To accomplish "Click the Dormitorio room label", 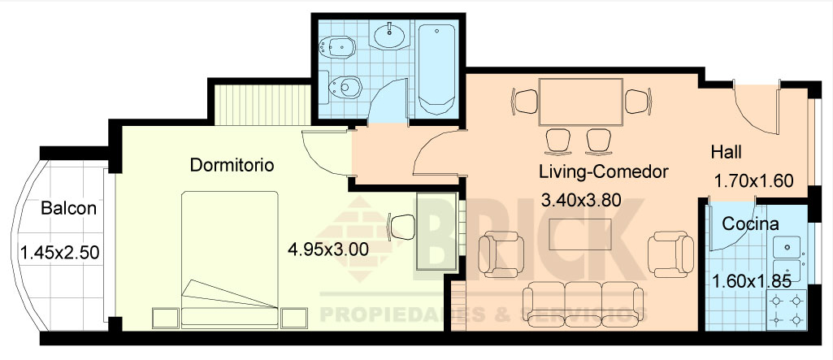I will point(232,165).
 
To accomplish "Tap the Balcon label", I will point(69,209).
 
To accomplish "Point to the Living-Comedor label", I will point(603,172).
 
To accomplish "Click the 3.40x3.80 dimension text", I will point(587,198).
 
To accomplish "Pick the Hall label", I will point(727,152).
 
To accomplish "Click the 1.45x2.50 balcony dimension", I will point(59,253).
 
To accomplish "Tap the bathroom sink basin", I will point(393,34).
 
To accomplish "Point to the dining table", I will point(580,102).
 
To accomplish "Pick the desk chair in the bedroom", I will point(401,227).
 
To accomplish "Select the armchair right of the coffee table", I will point(672,253).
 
